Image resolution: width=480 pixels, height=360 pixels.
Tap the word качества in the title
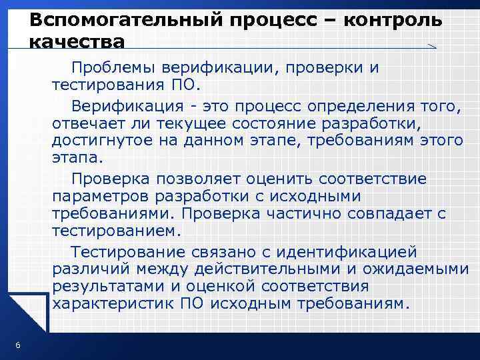click(77, 42)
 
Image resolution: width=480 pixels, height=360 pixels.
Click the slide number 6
click(17, 344)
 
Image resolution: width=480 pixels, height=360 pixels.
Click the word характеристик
click(114, 305)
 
